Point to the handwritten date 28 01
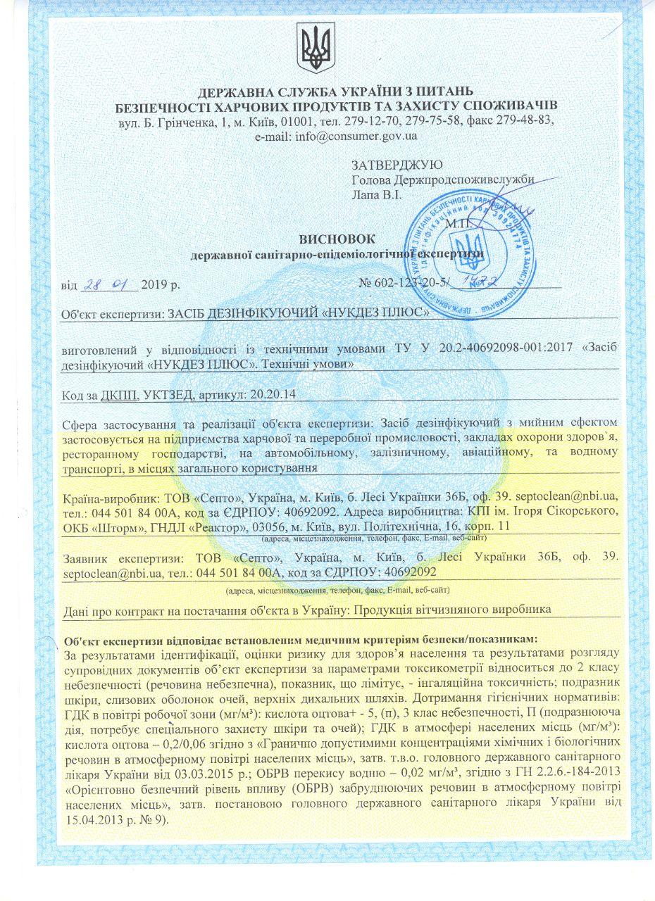tap(110, 285)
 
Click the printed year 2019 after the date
tap(156, 286)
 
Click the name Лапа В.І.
tap(377, 193)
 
